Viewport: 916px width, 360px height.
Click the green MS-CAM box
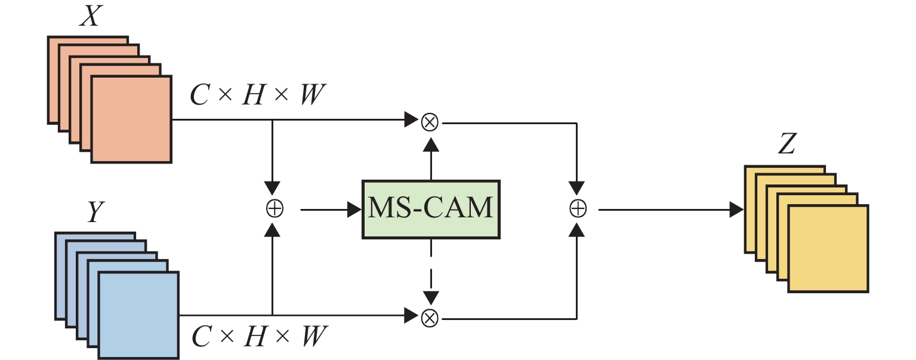coord(430,209)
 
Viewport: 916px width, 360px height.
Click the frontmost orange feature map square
coord(131,119)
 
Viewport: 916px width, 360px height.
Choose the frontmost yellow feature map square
coord(828,248)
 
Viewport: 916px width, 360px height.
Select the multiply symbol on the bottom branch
coord(430,316)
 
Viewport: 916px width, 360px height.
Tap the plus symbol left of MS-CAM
coord(274,209)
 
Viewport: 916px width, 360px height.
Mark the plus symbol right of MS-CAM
coord(578,209)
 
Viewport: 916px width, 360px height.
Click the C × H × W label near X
coord(258,96)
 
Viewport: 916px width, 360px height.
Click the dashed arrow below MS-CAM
coord(431,272)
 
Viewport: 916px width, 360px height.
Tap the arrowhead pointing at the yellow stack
coord(736,210)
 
